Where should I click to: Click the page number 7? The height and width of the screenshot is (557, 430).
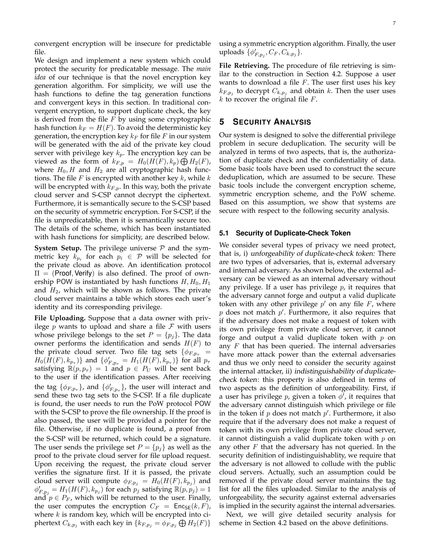click(394, 23)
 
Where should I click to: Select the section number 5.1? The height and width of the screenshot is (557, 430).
click(224, 233)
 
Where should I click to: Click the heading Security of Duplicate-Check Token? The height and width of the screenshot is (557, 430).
click(293, 233)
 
